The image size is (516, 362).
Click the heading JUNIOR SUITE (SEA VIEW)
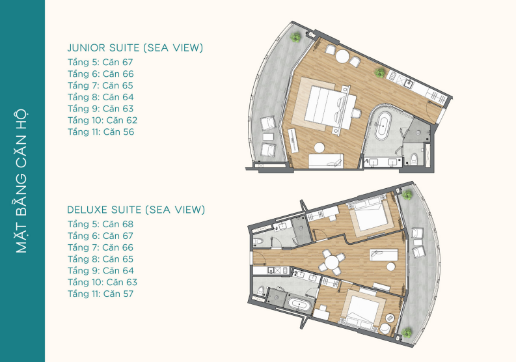click(x=135, y=48)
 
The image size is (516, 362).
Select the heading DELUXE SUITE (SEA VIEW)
click(x=136, y=210)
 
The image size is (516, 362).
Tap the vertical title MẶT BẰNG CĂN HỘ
click(x=21, y=181)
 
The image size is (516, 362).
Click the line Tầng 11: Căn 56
click(x=101, y=132)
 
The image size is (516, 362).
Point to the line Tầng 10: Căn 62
click(x=102, y=120)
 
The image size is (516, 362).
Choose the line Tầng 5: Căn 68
click(x=101, y=224)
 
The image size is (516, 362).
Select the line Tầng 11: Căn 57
click(x=101, y=294)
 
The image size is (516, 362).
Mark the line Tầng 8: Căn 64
click(x=101, y=97)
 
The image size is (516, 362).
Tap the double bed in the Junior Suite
click(x=330, y=107)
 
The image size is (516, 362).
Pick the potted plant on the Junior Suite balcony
click(x=295, y=37)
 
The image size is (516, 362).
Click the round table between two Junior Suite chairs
click(x=342, y=56)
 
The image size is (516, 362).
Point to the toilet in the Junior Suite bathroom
click(x=414, y=159)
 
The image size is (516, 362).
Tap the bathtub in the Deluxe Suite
click(x=299, y=304)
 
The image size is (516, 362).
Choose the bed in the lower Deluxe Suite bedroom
click(x=361, y=311)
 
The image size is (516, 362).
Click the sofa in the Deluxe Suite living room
click(x=384, y=255)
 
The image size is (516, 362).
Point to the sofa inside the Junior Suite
click(x=326, y=160)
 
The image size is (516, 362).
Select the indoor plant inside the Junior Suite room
click(x=380, y=72)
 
